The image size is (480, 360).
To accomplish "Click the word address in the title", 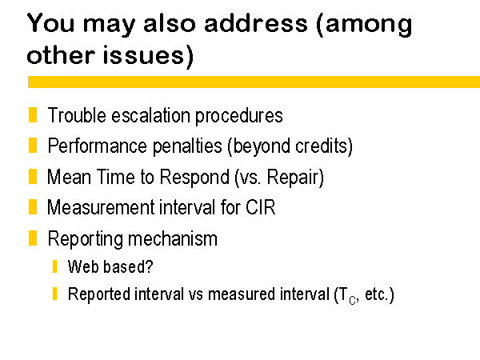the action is [x=256, y=23].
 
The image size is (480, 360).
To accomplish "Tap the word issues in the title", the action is [x=143, y=55].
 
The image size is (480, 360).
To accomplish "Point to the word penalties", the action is [x=187, y=146].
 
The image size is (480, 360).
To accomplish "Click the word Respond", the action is [x=194, y=177].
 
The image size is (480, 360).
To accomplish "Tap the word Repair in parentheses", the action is [x=293, y=178].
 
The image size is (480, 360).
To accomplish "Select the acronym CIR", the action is [x=261, y=207].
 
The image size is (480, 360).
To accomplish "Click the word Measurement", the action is [x=101, y=207].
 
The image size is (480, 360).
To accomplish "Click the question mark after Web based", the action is [x=149, y=266].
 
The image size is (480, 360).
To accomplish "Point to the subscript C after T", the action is [x=352, y=300].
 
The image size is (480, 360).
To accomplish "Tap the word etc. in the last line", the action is [x=376, y=294].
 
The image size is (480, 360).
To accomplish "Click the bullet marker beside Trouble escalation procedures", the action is [x=33, y=114].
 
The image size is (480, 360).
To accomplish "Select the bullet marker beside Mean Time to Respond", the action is [x=33, y=176].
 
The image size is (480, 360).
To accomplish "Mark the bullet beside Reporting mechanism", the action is [x=33, y=238].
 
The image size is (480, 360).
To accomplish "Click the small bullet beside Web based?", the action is [x=54, y=266].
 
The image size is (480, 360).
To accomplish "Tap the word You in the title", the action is [x=51, y=23].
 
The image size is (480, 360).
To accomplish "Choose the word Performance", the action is [x=98, y=146].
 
